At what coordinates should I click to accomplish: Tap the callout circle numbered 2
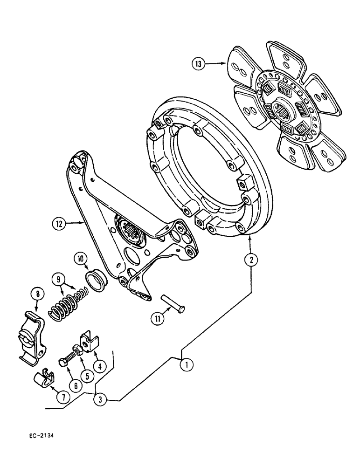coord(251,260)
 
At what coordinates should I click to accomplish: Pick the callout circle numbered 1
coord(186,365)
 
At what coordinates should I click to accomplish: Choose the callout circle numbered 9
coord(59,281)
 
